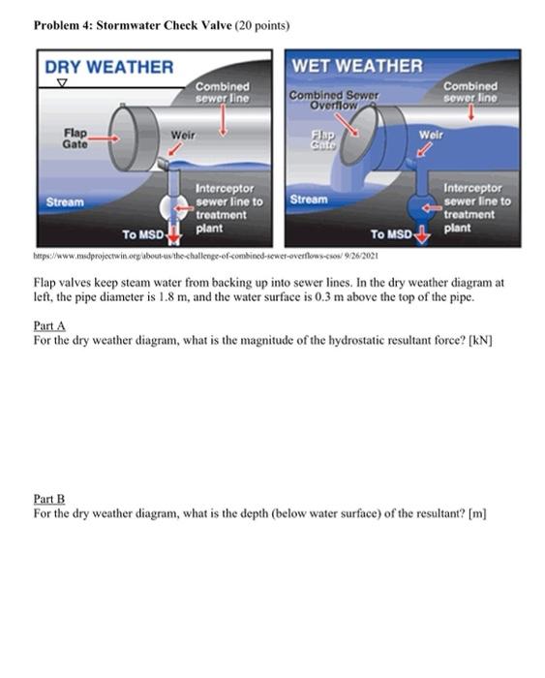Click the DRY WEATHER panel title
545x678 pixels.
coord(108,67)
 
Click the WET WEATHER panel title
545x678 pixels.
coord(357,66)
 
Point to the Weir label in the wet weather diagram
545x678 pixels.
coord(430,135)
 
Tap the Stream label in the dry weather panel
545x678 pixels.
coord(64,202)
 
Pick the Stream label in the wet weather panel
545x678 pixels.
coord(308,199)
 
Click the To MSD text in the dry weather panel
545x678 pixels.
coord(142,234)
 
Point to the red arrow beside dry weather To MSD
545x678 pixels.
coord(174,234)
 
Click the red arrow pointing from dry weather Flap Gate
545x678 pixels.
coord(105,137)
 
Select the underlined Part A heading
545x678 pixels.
coord(47,327)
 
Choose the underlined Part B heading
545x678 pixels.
coord(47,499)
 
